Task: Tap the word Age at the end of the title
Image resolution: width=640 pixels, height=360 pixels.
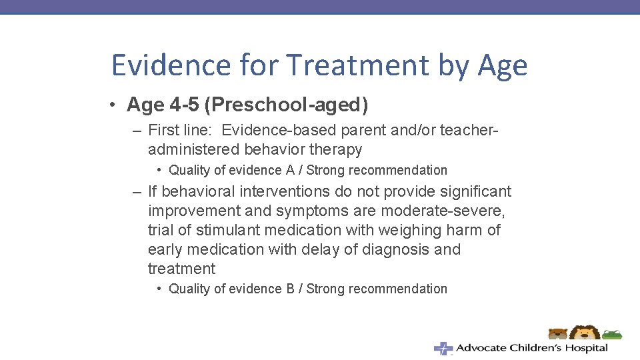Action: [x=502, y=66]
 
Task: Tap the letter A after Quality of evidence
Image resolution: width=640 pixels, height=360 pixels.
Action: [x=290, y=170]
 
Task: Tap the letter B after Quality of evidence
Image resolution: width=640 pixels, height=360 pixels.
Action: [x=290, y=289]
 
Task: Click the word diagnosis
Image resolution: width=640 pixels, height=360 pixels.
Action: [x=387, y=249]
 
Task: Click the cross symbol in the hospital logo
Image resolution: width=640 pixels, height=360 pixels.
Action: [x=443, y=348]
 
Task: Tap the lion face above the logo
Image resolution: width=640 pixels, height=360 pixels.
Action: [x=585, y=333]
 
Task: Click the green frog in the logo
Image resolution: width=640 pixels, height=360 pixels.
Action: [x=613, y=334]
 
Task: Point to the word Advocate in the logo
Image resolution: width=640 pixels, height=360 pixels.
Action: [x=481, y=348]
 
